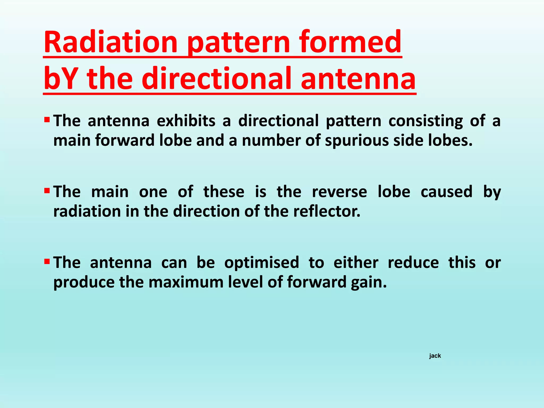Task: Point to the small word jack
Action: (435, 356)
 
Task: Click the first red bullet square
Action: (47, 120)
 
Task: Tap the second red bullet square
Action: (47, 190)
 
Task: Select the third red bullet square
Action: (47, 261)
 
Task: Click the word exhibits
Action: (186, 121)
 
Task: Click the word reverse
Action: (339, 192)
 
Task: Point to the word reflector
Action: (327, 211)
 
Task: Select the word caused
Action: (447, 192)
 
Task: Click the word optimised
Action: (262, 263)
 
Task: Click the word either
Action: (356, 263)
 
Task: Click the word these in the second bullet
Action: (224, 192)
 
